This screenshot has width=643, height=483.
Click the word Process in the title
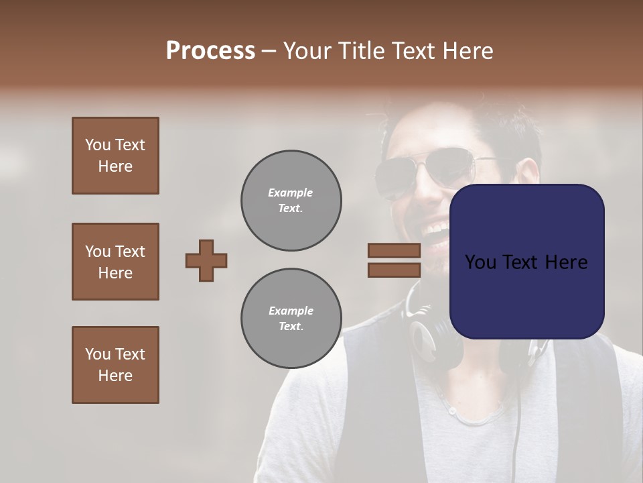coord(210,51)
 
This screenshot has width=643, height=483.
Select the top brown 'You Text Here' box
coord(115,156)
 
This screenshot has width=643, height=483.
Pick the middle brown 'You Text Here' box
coord(115,262)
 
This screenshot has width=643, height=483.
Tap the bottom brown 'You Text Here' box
coord(115,365)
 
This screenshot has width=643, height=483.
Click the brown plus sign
coord(206,260)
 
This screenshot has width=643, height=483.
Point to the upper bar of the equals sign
coord(394,250)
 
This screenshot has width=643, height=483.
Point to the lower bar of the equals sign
coord(394,270)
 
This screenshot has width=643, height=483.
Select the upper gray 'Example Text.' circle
coord(291,201)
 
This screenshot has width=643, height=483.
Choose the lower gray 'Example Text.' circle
coord(291,319)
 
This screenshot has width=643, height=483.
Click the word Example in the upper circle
coord(291,193)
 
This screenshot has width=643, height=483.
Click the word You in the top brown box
coord(97,145)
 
